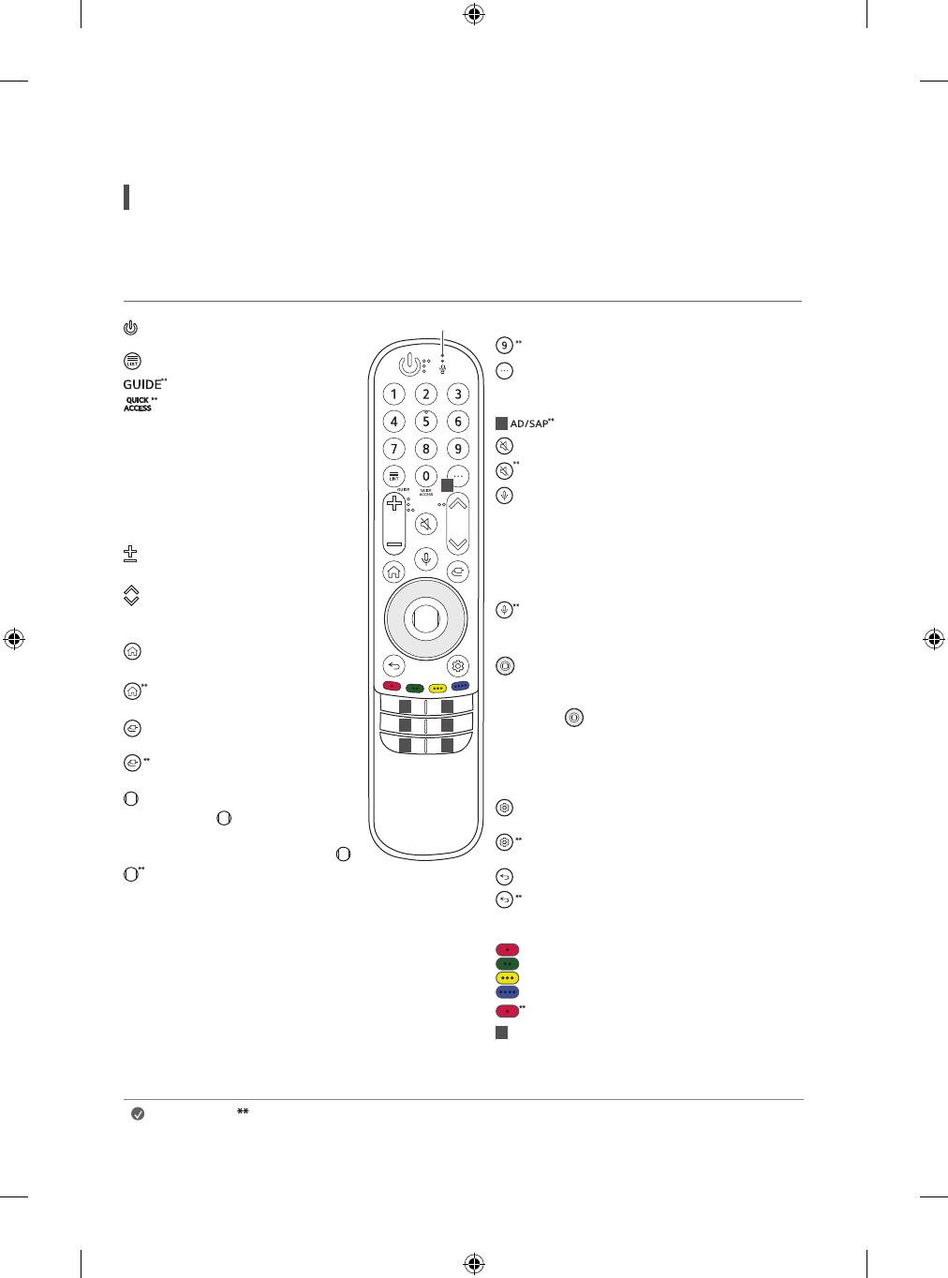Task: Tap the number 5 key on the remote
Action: coord(426,422)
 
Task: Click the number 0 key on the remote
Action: coord(426,476)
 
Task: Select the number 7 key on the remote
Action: coord(394,449)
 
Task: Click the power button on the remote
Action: coord(409,364)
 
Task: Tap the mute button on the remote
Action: coord(426,524)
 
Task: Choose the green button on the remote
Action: coord(415,688)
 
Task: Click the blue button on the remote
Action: coord(461,686)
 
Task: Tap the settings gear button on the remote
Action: coord(458,666)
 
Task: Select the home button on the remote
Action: coord(394,572)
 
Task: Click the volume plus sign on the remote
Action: coord(394,503)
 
